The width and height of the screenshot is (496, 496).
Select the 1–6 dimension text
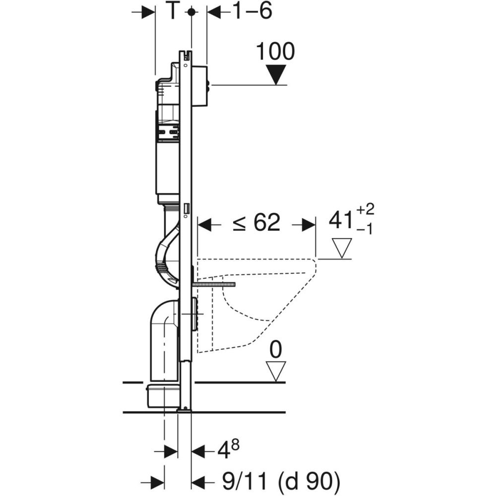[x=253, y=11]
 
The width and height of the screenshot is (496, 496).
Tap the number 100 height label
[x=275, y=52]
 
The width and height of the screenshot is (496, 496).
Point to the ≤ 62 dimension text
[x=256, y=222]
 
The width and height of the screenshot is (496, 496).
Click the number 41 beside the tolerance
[x=341, y=220]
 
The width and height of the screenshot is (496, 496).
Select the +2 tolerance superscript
[x=366, y=209]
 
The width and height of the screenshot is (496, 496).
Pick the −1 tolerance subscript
[x=365, y=229]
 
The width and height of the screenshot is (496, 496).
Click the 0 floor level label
[x=276, y=350]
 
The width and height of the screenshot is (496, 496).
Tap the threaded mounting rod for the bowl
[x=214, y=285]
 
